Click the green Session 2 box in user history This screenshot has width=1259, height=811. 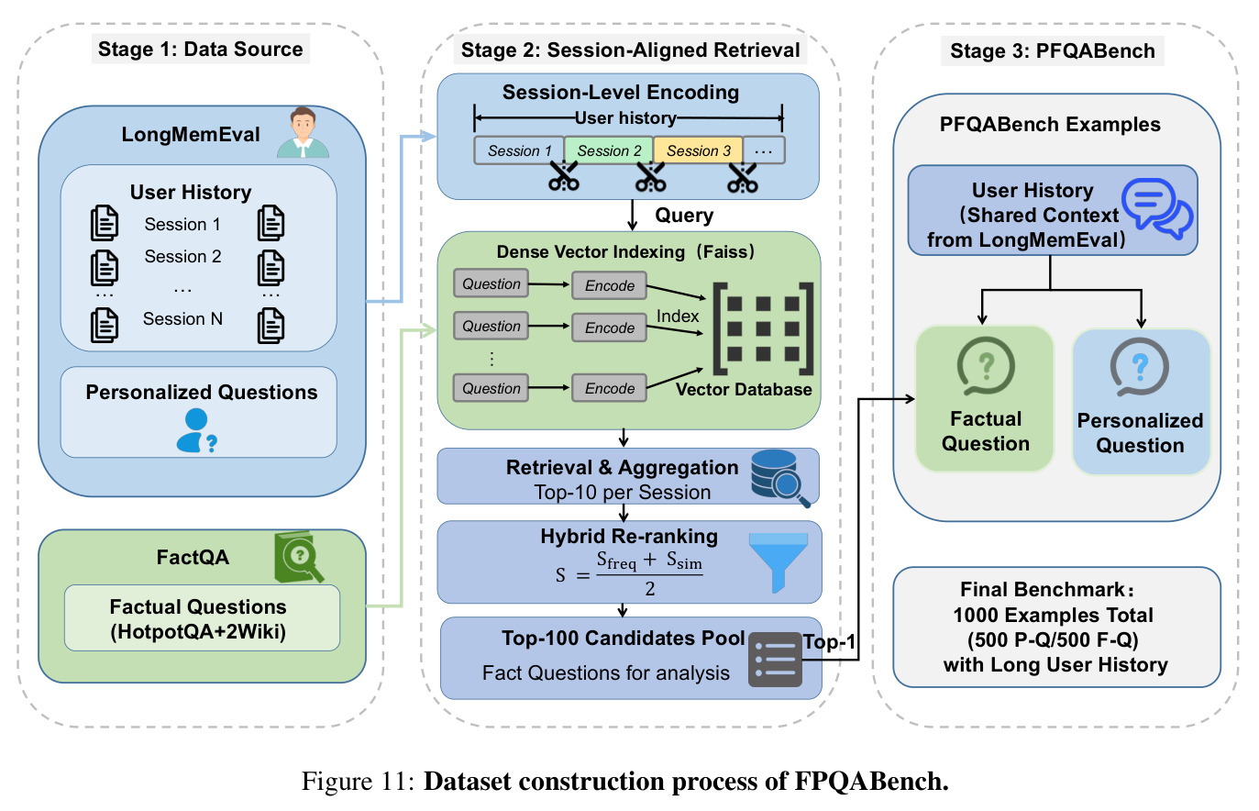(x=609, y=150)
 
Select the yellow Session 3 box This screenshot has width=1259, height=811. (x=698, y=150)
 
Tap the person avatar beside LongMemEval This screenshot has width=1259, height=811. (x=303, y=133)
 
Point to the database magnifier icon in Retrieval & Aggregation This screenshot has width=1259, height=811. (x=779, y=478)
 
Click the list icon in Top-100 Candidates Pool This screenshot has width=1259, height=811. (x=775, y=659)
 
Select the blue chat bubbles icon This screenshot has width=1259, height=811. (x=1157, y=208)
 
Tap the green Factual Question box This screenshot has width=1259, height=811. (x=985, y=399)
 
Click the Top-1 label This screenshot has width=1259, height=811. (x=829, y=641)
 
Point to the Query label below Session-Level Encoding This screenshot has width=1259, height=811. (x=684, y=216)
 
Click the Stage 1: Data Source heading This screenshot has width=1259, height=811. (x=201, y=49)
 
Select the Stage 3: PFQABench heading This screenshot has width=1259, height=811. (x=1053, y=50)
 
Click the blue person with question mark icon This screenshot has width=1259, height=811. (x=196, y=431)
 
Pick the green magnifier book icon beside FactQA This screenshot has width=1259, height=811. (x=298, y=557)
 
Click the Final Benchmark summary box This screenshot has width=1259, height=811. (x=1056, y=628)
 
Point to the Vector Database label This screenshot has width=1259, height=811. (x=744, y=389)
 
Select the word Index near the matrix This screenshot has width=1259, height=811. (x=678, y=317)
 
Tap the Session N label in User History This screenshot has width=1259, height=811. (x=182, y=319)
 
